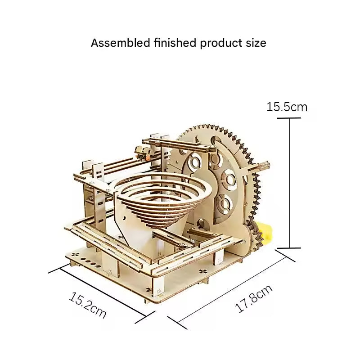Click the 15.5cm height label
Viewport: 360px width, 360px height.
click(x=287, y=107)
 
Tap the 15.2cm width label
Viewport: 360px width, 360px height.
click(x=87, y=306)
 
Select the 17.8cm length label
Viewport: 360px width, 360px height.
click(x=254, y=299)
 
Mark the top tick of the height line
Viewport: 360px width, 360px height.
click(x=289, y=118)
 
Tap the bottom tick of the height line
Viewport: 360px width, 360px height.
click(x=289, y=248)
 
